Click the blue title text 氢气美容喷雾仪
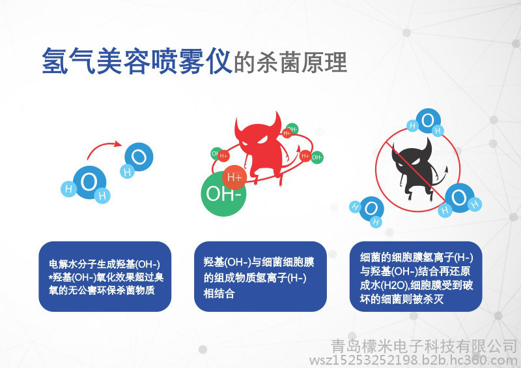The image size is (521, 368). click(137, 61)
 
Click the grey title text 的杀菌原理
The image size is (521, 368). click(290, 62)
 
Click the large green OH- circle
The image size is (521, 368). click(223, 194)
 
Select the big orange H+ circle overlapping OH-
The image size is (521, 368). click(234, 177)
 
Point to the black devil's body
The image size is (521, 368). click(415, 170)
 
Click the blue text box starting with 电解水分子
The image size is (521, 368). click(105, 277)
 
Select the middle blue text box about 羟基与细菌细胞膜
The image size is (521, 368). click(260, 277)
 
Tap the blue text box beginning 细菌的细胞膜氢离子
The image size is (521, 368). click(415, 277)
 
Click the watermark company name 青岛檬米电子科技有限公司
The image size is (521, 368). click(424, 346)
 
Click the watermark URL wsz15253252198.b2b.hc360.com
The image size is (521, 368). click(413, 360)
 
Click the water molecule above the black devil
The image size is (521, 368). click(427, 122)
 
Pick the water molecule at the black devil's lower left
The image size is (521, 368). click(367, 211)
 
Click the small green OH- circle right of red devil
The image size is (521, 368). click(317, 157)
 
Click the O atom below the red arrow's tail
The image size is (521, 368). click(89, 182)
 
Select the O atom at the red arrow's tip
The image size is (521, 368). click(139, 157)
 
